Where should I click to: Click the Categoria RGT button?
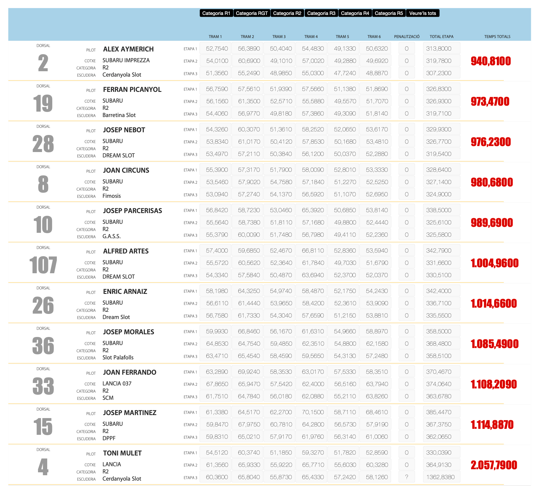pyautogui.click(x=252, y=13)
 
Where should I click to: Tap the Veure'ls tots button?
pyautogui.click(x=422, y=13)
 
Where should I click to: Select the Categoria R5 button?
pyautogui.click(x=389, y=13)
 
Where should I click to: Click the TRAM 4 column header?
pyautogui.click(x=311, y=37)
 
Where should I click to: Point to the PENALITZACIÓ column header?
pyautogui.click(x=407, y=37)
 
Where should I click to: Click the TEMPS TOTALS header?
pyautogui.click(x=497, y=37)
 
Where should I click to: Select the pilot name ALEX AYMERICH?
pyautogui.click(x=128, y=49)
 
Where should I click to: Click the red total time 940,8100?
pyautogui.click(x=491, y=61)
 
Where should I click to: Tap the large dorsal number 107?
pyautogui.click(x=43, y=265)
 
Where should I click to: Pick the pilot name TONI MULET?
pyautogui.click(x=122, y=453)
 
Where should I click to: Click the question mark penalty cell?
pyautogui.click(x=407, y=477)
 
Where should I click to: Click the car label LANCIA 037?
pyautogui.click(x=117, y=383)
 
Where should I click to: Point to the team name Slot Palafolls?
pyautogui.click(x=118, y=357)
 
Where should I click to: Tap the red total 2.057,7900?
pyautogui.click(x=494, y=465)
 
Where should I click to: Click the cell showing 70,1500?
pyautogui.click(x=313, y=412)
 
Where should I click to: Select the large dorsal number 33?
pyautogui.click(x=43, y=386)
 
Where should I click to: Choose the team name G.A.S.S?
pyautogui.click(x=112, y=236)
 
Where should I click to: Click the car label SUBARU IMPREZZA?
pyautogui.click(x=126, y=60)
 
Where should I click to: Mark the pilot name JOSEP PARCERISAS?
pyautogui.click(x=132, y=211)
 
